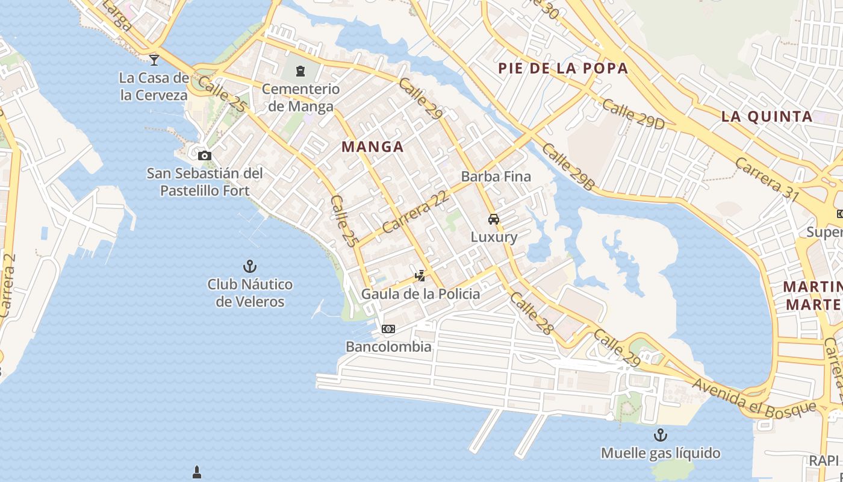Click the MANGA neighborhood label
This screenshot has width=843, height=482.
click(372, 146)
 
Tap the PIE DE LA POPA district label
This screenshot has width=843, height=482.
click(563, 68)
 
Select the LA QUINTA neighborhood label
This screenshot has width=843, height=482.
click(767, 117)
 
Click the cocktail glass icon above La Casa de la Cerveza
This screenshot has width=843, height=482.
click(154, 60)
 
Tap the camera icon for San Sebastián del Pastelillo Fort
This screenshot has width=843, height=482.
click(205, 156)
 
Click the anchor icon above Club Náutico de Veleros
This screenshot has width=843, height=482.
click(249, 266)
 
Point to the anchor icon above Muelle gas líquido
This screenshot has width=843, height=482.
click(661, 434)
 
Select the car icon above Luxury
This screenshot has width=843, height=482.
click(494, 219)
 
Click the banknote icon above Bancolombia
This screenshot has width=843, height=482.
click(388, 329)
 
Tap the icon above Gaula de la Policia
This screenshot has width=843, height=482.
click(420, 276)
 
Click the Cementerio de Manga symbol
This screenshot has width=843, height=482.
click(300, 72)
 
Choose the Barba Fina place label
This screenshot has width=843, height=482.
click(496, 177)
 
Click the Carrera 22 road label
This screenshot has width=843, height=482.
click(416, 213)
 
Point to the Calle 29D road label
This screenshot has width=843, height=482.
click(633, 114)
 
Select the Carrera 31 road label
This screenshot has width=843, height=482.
click(767, 180)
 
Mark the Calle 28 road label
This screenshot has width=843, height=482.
click(530, 313)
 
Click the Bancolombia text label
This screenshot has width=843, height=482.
click(388, 347)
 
